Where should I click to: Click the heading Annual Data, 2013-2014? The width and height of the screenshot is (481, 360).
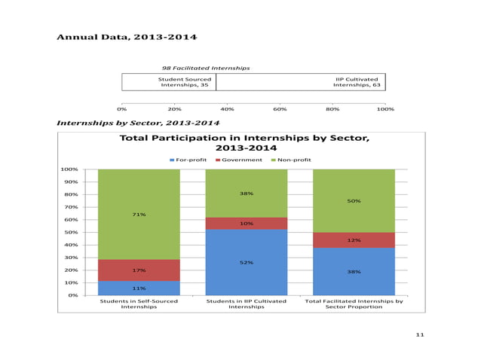pos(127,37)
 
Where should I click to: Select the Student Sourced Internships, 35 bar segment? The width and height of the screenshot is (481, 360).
pos(169,81)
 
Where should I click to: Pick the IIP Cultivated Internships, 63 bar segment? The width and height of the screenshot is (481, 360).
pos(300,81)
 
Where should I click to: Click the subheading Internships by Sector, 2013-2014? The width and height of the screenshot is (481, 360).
pos(138,122)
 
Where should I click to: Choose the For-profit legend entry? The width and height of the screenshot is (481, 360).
pos(188,160)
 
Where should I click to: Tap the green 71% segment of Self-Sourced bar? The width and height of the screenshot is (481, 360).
pos(139,215)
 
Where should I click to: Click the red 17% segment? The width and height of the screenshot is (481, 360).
pos(139,270)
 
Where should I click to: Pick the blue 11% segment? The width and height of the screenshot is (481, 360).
pos(139,288)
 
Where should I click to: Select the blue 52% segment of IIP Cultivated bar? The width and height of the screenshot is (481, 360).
pos(246,262)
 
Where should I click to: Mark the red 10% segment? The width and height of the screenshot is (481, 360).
pos(246,224)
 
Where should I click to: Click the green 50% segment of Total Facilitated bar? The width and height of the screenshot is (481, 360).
pos(353,201)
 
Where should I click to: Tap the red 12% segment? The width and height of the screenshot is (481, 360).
pos(353,240)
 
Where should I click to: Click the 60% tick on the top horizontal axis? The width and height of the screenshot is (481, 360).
pos(280,108)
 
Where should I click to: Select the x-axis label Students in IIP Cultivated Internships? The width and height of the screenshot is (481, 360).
pos(246,304)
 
